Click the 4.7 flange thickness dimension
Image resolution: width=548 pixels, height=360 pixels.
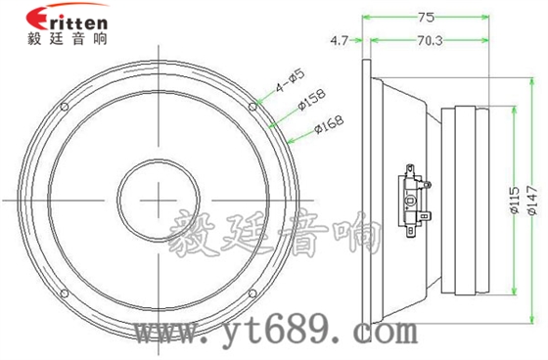(x=340, y=40)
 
